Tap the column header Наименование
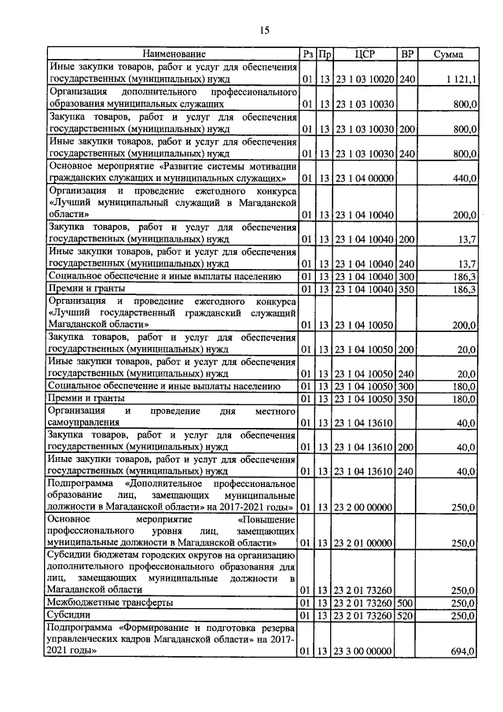pos(173,54)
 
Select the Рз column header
pos(307,54)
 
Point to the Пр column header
pos(325,54)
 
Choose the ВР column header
pos(407,54)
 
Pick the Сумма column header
pos(448,54)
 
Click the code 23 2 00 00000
pos(362,507)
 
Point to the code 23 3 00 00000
pos(362,651)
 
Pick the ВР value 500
pos(406,602)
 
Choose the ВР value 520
pos(406,615)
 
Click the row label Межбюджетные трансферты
pos(110,602)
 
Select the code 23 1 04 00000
pos(362,179)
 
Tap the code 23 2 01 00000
pos(362,543)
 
